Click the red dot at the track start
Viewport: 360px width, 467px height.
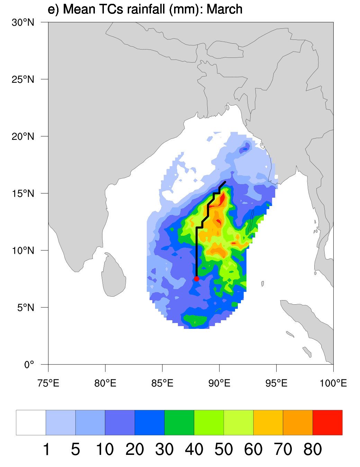[197, 279]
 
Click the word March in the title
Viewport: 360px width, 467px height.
[224, 9]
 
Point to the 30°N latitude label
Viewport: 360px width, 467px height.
[23, 23]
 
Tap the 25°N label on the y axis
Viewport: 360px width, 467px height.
[23, 79]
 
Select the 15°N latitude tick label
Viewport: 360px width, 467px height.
[23, 193]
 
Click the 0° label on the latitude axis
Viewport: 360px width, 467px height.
[29, 365]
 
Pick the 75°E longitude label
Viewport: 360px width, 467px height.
[48, 383]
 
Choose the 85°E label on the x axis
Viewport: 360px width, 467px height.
[162, 383]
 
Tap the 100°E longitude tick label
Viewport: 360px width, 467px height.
[333, 383]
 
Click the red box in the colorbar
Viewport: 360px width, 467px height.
[327, 422]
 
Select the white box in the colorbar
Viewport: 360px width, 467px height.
[31, 422]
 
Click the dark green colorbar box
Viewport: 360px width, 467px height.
[179, 422]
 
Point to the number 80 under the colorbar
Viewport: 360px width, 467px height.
[313, 449]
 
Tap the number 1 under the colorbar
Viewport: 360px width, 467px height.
[46, 449]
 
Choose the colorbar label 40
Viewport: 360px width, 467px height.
[194, 449]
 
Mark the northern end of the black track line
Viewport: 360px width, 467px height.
[225, 182]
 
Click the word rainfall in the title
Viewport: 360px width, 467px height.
[147, 9]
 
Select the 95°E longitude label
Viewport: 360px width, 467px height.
[276, 383]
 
